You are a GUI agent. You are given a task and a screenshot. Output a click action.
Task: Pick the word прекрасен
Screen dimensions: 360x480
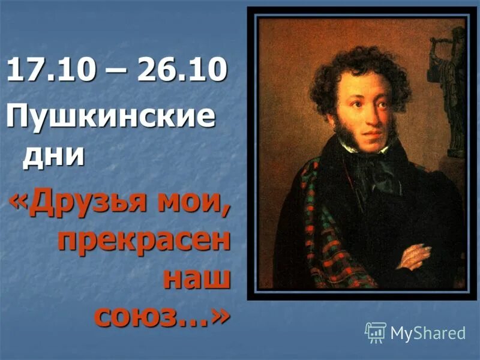[x=143, y=241]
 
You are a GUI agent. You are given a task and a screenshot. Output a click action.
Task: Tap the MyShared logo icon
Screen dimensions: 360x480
[x=375, y=332]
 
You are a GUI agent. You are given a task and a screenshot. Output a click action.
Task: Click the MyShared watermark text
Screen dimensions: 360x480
[x=428, y=334]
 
